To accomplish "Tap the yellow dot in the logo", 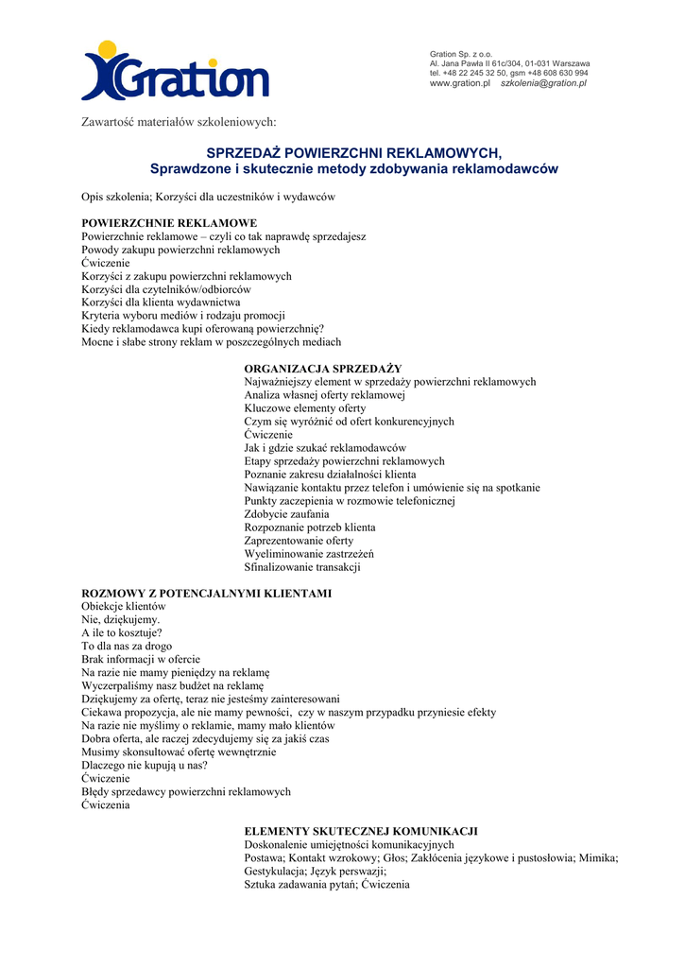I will [108, 48].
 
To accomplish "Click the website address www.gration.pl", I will [460, 83].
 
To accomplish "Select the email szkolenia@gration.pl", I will [543, 83].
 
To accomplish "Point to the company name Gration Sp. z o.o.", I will [462, 53].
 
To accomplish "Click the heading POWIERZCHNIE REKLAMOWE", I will [169, 223].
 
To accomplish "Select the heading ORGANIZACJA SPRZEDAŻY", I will [323, 368].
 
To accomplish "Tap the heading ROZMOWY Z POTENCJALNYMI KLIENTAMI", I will [207, 593].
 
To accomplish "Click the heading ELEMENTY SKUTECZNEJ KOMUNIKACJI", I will [361, 830].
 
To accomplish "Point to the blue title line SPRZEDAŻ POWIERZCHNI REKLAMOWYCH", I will [354, 153].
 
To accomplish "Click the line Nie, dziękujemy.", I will [121, 619].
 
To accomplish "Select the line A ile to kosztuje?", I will [121, 632].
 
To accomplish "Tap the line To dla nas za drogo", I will [127, 646].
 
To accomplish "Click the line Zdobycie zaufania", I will [286, 514].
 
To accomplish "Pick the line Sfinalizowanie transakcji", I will [302, 567].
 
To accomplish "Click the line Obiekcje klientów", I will [124, 606].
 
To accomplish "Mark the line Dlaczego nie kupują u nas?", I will [145, 765].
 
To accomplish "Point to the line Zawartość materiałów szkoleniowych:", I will [179, 122].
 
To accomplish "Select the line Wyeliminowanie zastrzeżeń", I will [309, 554].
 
